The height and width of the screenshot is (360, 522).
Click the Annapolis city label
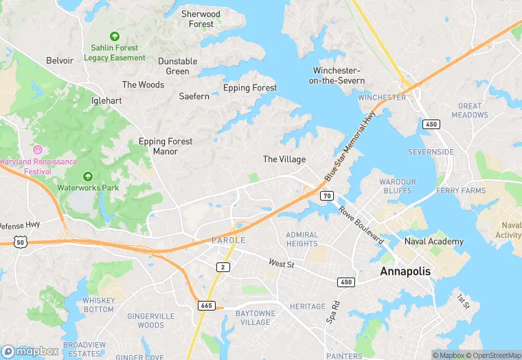405,271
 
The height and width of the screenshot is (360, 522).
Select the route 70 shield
326,196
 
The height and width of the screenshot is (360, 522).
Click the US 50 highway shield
19,242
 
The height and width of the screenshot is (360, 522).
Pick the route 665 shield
205,304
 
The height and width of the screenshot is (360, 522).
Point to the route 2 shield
222,267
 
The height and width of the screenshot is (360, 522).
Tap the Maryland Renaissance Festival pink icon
38,149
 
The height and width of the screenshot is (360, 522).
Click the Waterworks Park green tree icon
88,177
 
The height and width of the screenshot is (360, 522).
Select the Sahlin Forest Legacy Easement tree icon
115,36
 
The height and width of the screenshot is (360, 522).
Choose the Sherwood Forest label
201,19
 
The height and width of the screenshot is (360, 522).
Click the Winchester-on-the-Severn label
336,76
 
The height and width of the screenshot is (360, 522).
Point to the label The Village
284,159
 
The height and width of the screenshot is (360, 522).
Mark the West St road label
281,263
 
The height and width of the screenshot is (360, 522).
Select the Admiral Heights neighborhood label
302,239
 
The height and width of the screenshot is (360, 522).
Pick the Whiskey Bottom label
98,305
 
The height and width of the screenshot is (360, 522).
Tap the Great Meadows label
470,111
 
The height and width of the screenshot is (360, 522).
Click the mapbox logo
31,351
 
